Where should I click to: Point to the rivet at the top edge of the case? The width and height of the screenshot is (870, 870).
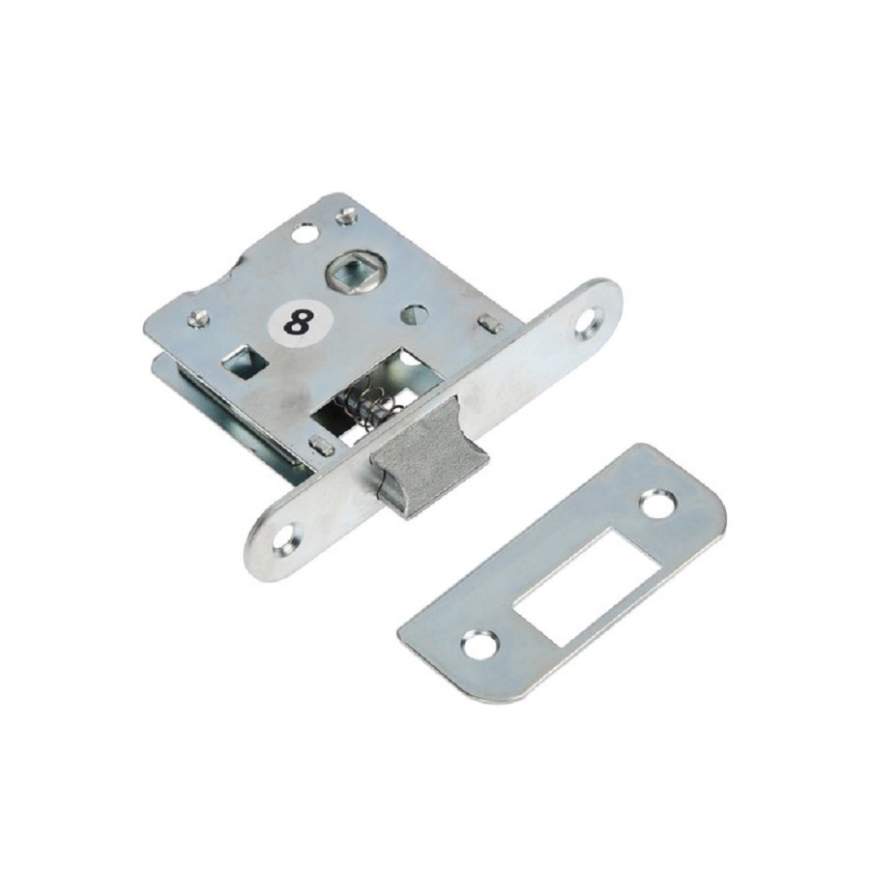coord(345,215)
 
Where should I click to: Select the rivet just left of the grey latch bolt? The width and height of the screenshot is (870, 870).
coord(321,444)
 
